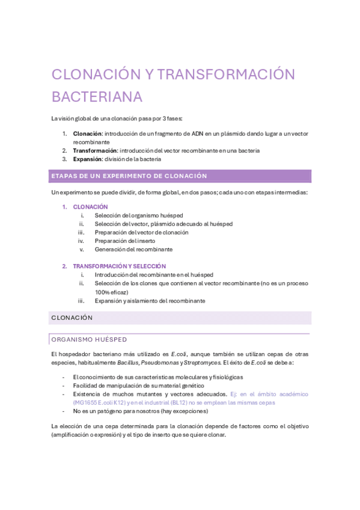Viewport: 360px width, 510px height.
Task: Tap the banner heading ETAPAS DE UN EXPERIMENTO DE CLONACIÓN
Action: tap(129, 176)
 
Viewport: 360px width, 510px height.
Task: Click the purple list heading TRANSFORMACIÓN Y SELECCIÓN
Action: tap(119, 266)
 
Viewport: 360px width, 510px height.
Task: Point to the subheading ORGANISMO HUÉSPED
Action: tap(89, 340)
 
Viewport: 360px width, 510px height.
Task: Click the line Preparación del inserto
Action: tap(124, 241)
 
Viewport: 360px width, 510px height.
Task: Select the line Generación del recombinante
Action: tap(133, 249)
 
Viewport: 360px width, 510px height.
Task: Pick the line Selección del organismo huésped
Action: tap(139, 215)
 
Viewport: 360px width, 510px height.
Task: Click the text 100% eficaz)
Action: tap(111, 292)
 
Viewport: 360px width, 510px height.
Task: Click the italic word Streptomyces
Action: tap(205, 363)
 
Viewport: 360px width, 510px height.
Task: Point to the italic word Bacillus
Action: tap(126, 363)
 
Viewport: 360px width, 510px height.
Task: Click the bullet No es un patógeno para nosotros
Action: tap(141, 411)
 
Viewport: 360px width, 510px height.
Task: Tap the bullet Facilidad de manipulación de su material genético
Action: tap(139, 386)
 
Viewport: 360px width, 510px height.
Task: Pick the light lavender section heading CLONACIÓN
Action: tap(72, 318)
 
